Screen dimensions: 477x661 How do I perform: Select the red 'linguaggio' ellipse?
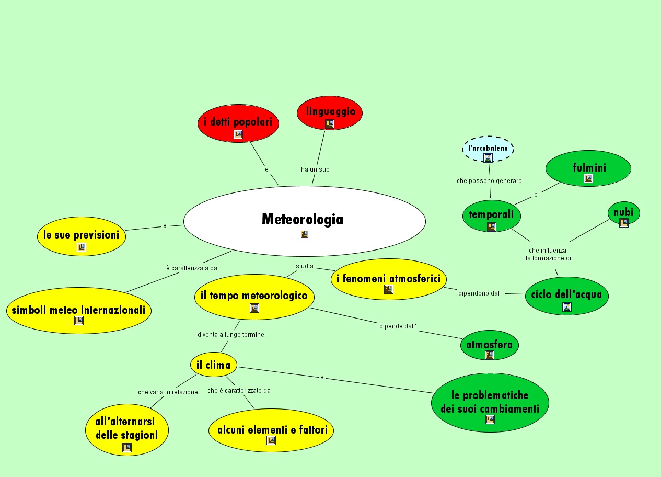pos(330,112)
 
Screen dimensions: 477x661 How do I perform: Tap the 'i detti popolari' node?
pos(238,122)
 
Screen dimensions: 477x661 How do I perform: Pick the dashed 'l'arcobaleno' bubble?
pos(488,149)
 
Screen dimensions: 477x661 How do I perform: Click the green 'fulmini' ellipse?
pos(588,168)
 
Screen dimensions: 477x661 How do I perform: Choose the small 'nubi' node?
pos(623,213)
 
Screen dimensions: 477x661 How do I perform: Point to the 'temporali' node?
pos(491,214)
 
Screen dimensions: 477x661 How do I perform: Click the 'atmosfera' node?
pos(490,345)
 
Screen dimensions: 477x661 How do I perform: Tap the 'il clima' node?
pos(213,365)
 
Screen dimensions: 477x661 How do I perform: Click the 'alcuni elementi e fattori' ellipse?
pos(271,430)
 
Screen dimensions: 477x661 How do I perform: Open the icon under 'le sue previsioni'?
pos(81,247)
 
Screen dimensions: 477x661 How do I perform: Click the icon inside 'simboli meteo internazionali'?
pos(79,321)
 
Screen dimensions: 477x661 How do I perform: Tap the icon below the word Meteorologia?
pos(305,234)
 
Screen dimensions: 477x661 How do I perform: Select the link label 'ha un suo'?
pos(315,169)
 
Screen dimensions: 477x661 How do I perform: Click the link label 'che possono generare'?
pos(489,181)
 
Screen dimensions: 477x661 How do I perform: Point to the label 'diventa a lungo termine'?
pos(230,335)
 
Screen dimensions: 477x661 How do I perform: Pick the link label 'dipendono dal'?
pos(479,293)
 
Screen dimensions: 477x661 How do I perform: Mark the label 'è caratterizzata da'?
pos(191,268)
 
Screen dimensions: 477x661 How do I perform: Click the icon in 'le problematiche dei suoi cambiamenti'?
pos(490,419)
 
